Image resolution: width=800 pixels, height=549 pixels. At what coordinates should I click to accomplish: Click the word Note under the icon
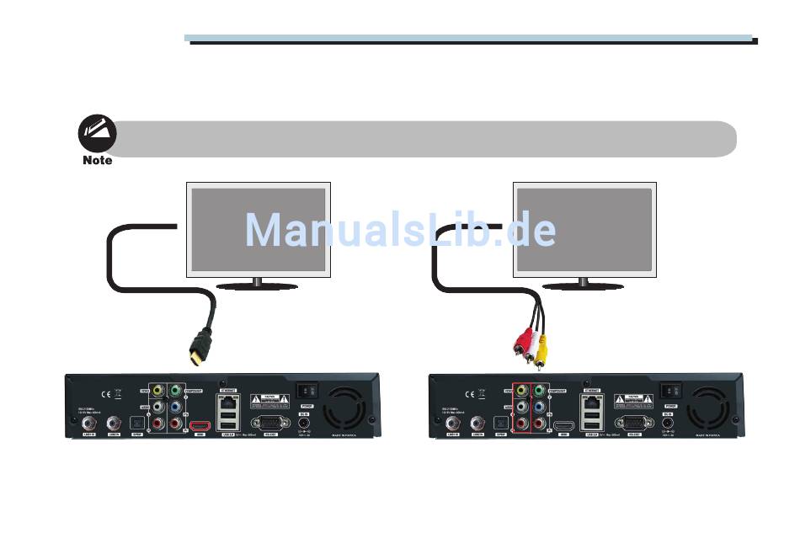coord(98,160)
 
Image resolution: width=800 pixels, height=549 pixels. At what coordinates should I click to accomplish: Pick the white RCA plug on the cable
coord(529,345)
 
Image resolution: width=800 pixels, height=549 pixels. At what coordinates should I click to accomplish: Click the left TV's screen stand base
coord(257,285)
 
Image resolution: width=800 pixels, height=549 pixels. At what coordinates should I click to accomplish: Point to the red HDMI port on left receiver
coord(200,425)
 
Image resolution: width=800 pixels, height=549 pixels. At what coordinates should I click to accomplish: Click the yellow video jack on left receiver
coord(158,392)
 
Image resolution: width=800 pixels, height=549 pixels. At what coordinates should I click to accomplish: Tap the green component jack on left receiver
coord(174,392)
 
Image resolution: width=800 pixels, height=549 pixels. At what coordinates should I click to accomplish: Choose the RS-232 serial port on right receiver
coord(632,424)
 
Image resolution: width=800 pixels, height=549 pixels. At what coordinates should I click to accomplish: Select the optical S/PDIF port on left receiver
coord(139,424)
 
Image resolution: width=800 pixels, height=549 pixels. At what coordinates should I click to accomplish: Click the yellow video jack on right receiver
coord(520,392)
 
